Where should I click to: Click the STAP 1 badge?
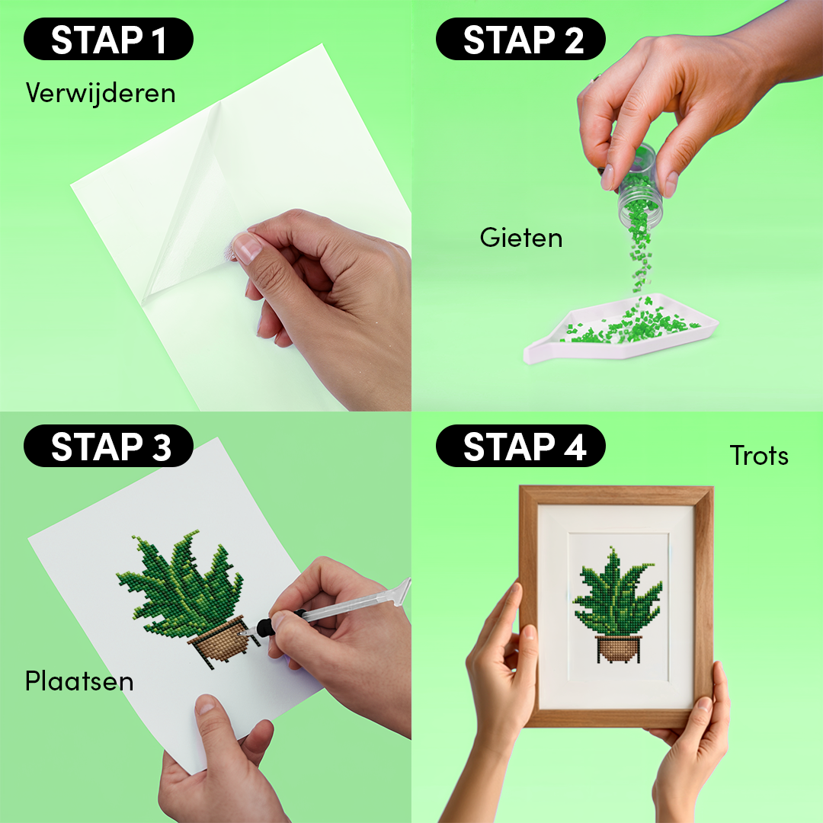[108, 40]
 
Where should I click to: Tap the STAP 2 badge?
[520, 40]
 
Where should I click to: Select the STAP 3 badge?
[108, 447]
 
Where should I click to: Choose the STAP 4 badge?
[520, 447]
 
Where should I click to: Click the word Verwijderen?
[101, 93]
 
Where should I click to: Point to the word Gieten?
[521, 238]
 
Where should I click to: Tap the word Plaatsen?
[79, 680]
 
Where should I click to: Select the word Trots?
[758, 456]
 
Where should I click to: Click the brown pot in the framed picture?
[618, 648]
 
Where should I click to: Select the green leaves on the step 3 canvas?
[179, 579]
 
